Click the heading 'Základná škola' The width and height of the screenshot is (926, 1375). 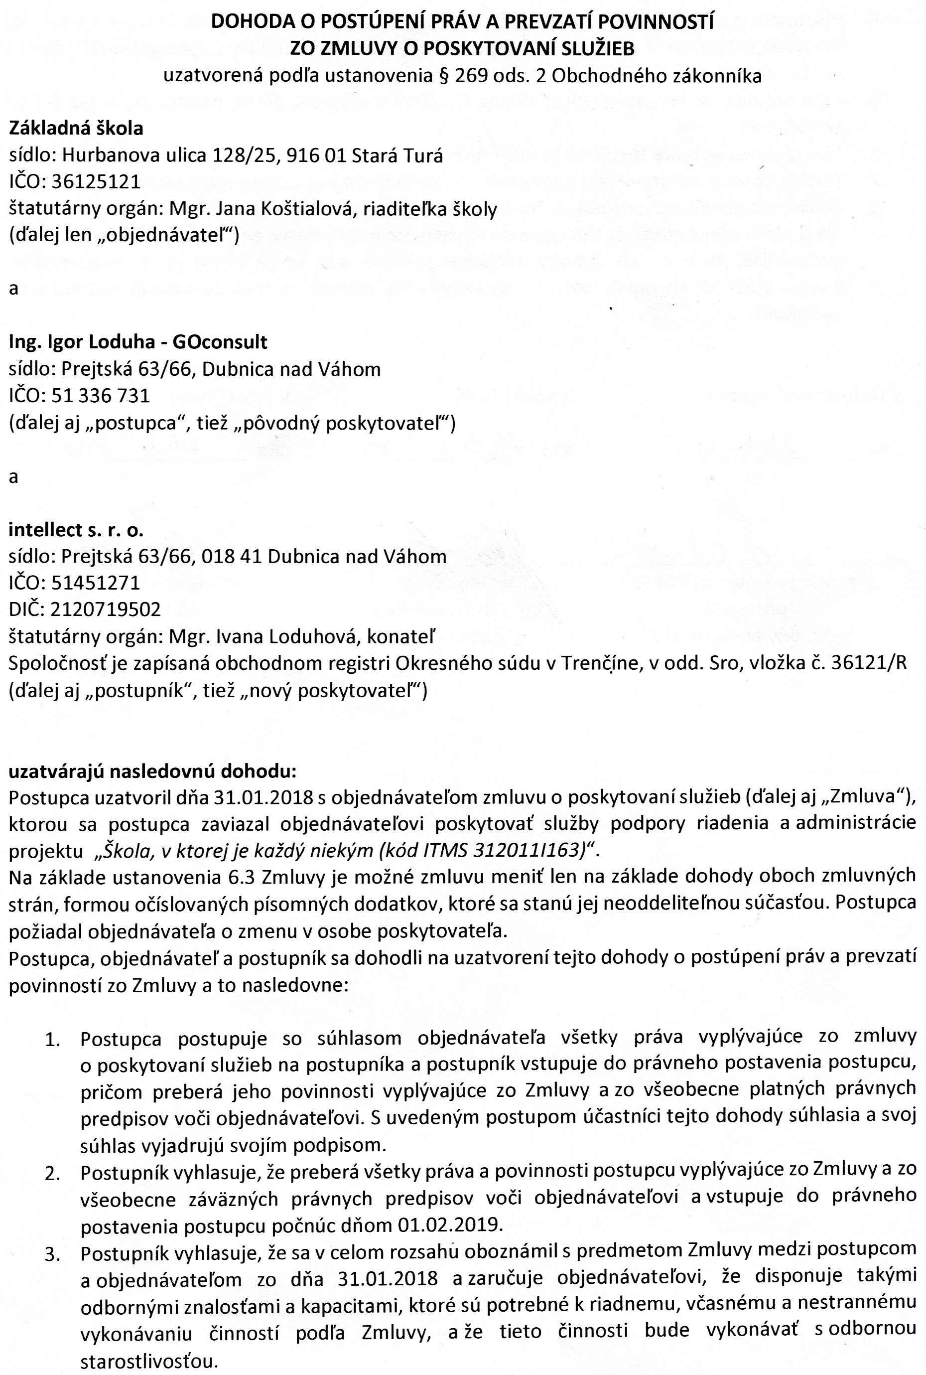click(x=76, y=128)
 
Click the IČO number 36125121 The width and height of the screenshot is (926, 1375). click(x=96, y=181)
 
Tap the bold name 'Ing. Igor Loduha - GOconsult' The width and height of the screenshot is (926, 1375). click(x=137, y=341)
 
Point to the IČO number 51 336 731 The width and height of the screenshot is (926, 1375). click(x=101, y=395)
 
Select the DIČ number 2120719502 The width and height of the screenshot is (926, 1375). click(x=106, y=609)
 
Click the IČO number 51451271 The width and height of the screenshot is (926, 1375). click(x=96, y=583)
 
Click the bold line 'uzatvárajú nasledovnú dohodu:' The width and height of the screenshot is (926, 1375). click(x=152, y=771)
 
